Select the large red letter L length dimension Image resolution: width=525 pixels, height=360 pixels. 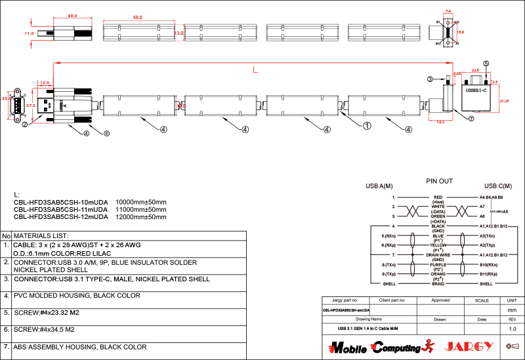[x=255, y=69]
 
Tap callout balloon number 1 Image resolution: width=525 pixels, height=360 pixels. [x=367, y=125]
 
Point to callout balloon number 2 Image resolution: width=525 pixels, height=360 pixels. [x=24, y=123]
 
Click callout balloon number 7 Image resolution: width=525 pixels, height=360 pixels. [x=471, y=119]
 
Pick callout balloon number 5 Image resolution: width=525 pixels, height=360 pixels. [x=486, y=64]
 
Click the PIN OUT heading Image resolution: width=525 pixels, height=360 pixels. [x=439, y=181]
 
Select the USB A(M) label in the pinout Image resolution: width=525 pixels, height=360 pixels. [x=379, y=186]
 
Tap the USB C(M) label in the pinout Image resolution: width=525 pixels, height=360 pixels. [x=497, y=186]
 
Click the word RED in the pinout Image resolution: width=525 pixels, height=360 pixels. [x=438, y=197]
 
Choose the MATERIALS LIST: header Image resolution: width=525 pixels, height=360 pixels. [x=41, y=235]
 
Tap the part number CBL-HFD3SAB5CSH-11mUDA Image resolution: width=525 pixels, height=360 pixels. [x=60, y=209]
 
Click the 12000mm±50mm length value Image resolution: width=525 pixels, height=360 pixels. [x=141, y=216]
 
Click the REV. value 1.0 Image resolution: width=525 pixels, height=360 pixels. [x=513, y=328]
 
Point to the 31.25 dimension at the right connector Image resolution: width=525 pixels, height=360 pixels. [x=505, y=101]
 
